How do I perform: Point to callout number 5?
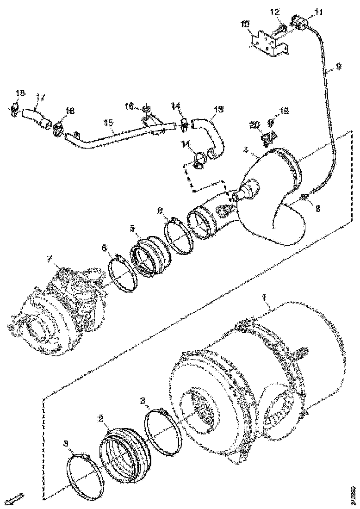[132, 229]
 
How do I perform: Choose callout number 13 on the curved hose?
[218, 110]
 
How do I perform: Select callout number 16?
[131, 107]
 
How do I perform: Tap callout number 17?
[40, 98]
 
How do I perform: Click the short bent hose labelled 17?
[35, 116]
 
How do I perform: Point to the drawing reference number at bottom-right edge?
[354, 491]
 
